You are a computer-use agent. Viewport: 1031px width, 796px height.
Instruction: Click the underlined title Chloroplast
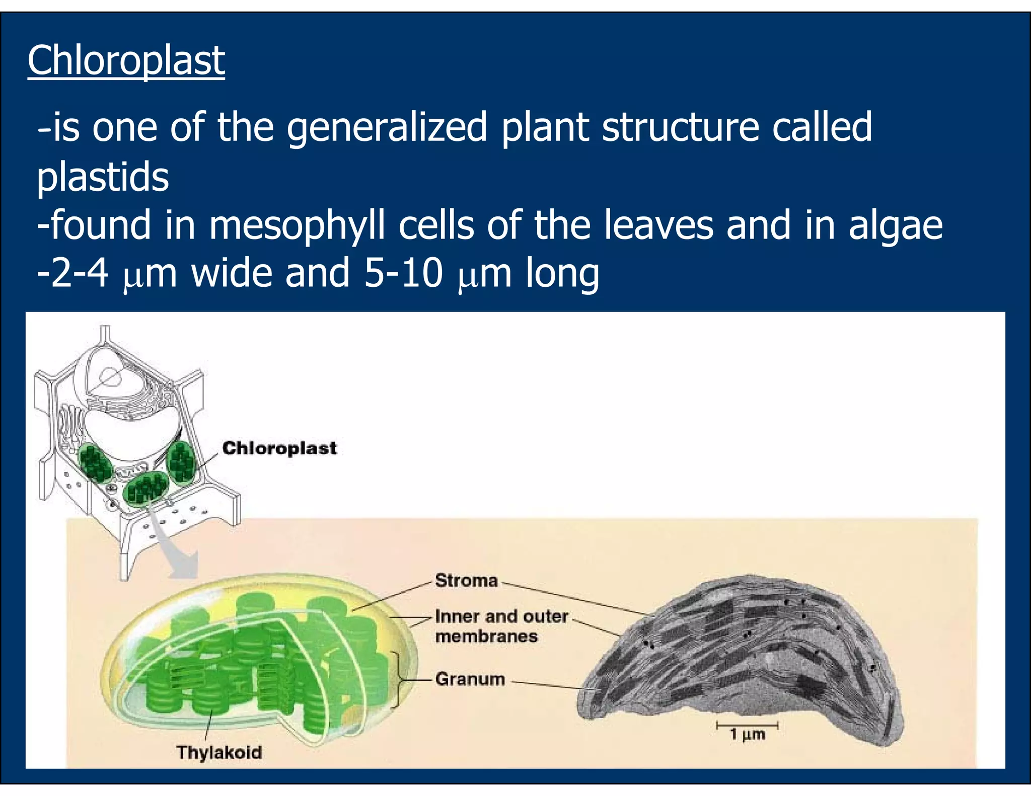point(126,60)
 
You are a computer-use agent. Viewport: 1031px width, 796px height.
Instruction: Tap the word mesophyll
point(297,225)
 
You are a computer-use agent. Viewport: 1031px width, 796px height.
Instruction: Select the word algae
point(896,225)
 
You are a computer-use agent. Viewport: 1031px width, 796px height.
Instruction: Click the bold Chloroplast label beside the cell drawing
point(279,448)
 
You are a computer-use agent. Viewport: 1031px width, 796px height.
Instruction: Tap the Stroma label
point(466,581)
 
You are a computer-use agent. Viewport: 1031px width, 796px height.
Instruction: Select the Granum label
point(470,679)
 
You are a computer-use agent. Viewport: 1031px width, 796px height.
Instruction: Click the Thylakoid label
point(219,752)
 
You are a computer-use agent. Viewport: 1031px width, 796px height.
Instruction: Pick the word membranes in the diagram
point(486,636)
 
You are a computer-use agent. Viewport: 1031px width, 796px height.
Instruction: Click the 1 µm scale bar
point(747,726)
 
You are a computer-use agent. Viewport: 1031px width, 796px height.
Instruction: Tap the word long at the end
point(562,273)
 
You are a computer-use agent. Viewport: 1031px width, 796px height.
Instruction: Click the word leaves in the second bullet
point(658,225)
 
